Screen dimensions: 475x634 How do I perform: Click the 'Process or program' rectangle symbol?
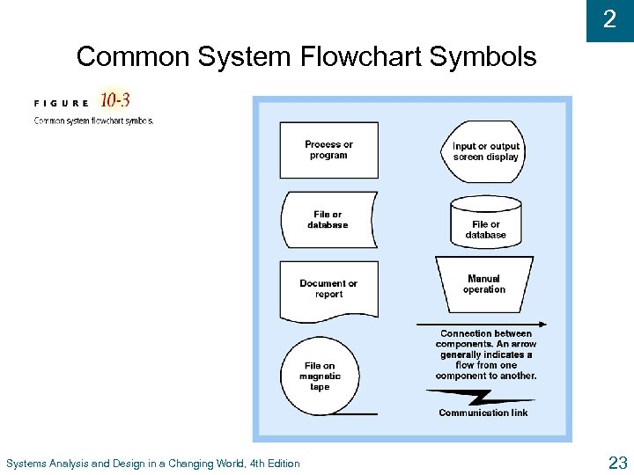pos(328,150)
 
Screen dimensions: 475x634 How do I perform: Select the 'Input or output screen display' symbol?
pos(486,151)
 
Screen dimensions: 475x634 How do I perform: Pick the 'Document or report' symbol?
pos(328,289)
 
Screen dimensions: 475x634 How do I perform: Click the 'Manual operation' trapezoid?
pos(484,284)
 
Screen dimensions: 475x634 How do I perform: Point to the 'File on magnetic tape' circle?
pos(319,376)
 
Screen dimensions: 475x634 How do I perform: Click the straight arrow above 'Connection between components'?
pos(489,324)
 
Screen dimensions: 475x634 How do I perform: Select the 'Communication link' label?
pos(483,413)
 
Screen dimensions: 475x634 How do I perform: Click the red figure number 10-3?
pos(115,99)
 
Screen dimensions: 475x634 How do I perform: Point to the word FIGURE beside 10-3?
pos(62,103)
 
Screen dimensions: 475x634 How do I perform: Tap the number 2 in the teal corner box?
pos(609,19)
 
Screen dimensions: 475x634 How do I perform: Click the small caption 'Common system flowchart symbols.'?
pos(93,121)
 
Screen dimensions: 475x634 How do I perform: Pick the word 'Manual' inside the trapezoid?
pos(484,279)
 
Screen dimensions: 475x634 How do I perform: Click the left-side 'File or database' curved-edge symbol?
pos(328,220)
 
